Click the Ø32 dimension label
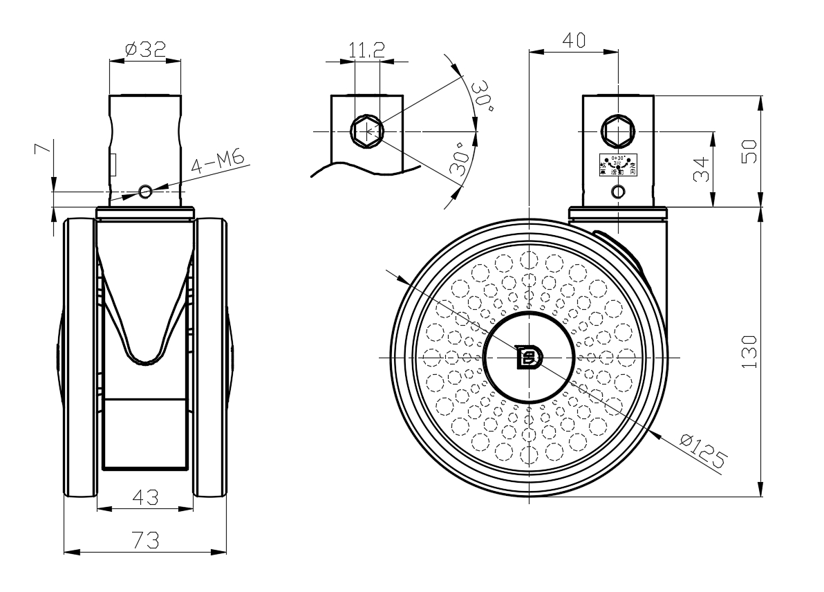pos(145,48)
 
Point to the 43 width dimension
pos(145,497)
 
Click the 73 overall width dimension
pos(145,539)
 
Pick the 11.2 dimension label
pos(366,49)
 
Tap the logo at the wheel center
pos(530,357)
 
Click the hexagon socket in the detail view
pos(366,130)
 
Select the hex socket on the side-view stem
pos(617,130)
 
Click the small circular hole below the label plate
pos(617,194)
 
